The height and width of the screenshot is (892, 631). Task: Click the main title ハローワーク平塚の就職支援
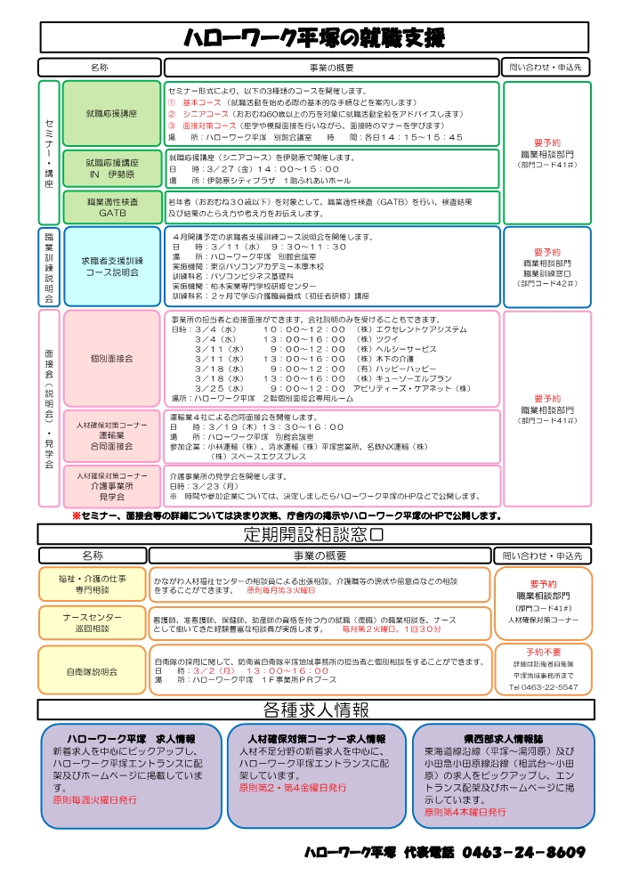[314, 37]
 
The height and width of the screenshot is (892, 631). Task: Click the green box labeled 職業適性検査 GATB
[112, 208]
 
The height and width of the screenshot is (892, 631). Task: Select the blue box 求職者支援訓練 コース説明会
[112, 266]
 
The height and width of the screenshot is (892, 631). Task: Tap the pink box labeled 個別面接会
[112, 358]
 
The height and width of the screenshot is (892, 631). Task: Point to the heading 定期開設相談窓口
[314, 534]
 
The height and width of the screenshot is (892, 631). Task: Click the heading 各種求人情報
[316, 710]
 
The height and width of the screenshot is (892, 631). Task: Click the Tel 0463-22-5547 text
[543, 687]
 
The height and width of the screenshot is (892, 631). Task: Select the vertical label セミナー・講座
[49, 152]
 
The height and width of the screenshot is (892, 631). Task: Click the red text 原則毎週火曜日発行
[95, 799]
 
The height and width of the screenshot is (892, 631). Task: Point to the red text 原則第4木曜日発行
[465, 812]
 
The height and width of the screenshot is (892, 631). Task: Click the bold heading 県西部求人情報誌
[504, 739]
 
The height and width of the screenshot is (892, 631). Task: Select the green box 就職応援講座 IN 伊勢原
[112, 169]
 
